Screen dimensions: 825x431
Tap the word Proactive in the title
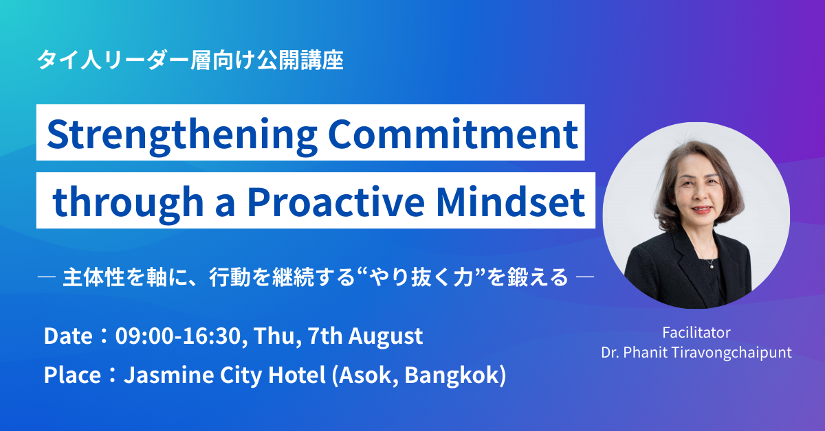coord(336,202)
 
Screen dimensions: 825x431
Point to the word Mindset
coord(510,202)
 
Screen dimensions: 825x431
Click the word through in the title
coord(128,204)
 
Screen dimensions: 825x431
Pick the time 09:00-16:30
coord(178,336)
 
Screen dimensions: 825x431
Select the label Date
coord(68,336)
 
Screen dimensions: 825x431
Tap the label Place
coord(72,375)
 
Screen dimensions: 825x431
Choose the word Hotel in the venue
coord(296,375)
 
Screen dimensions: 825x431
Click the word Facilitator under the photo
coord(696,332)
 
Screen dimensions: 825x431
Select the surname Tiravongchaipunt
coord(731,353)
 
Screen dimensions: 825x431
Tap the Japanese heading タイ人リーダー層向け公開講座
coord(190,60)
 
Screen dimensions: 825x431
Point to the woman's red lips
coord(703,210)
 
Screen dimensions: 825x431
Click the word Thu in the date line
coord(277,337)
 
